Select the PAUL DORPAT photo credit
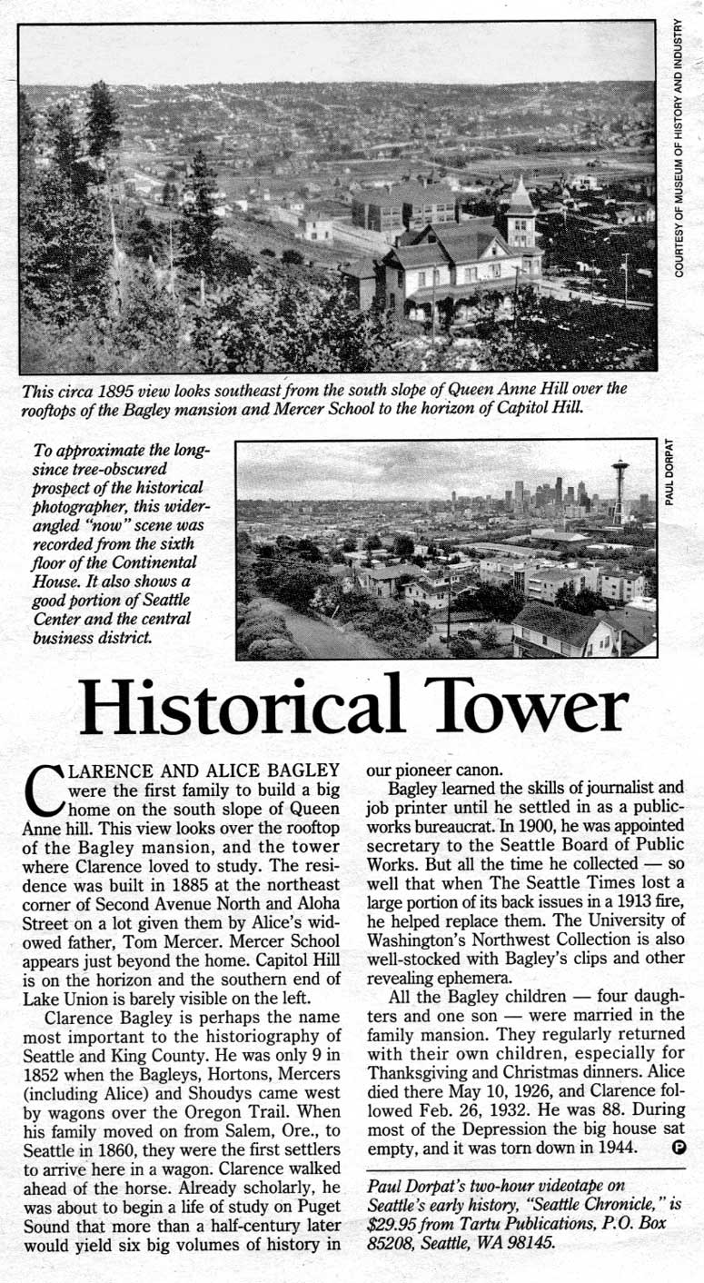pyautogui.click(x=670, y=473)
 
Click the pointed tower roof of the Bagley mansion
pyautogui.click(x=521, y=197)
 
